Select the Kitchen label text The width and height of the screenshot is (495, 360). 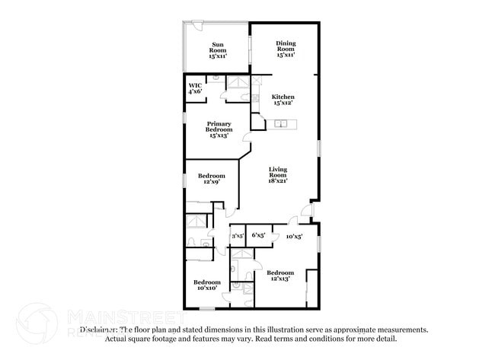coord(283,97)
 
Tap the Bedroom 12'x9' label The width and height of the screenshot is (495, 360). coord(212,179)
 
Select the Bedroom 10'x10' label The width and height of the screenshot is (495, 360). coord(207,285)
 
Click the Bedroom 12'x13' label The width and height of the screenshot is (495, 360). coord(280,276)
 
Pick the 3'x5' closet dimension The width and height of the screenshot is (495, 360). coord(238,236)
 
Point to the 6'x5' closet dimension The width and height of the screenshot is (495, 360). coord(258,236)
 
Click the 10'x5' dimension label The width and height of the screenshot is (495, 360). coord(294,237)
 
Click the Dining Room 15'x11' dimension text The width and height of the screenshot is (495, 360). coord(285,55)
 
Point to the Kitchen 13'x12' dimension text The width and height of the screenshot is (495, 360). coord(283,102)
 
